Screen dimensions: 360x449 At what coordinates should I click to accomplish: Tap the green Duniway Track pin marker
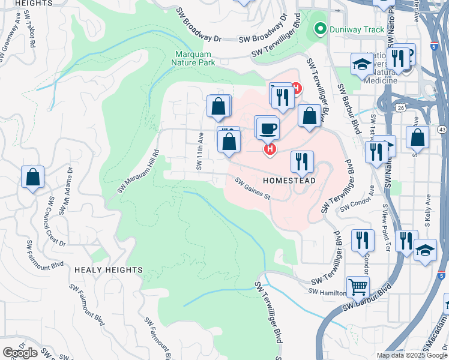[x=320, y=28]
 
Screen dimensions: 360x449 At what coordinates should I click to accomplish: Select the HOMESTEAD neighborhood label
[x=289, y=180]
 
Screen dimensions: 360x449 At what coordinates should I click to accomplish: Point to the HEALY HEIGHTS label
[x=109, y=270]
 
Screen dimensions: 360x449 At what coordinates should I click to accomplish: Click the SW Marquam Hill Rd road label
[x=138, y=172]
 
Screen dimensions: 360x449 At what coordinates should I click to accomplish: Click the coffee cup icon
[x=268, y=127]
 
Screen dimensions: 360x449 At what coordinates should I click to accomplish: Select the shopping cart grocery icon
[x=358, y=286]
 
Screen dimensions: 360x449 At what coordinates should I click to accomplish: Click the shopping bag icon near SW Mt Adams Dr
[x=32, y=177]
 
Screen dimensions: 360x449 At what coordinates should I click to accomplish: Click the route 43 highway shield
[x=442, y=129]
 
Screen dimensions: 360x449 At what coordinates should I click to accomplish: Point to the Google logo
[x=20, y=352]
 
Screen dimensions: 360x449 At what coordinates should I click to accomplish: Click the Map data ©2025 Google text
[x=411, y=355]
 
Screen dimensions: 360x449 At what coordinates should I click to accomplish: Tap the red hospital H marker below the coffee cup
[x=270, y=148]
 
